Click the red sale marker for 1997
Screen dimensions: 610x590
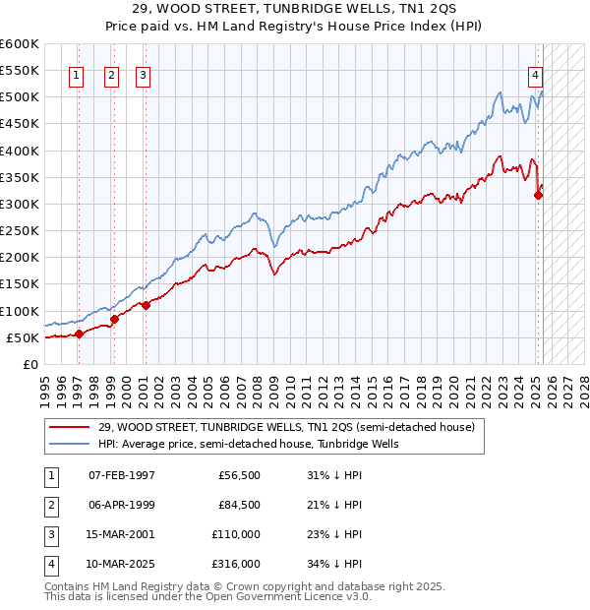(x=79, y=335)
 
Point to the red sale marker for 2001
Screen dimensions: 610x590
(x=146, y=305)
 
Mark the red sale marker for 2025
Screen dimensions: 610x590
(x=538, y=195)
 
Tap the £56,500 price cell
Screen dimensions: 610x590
(x=239, y=476)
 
